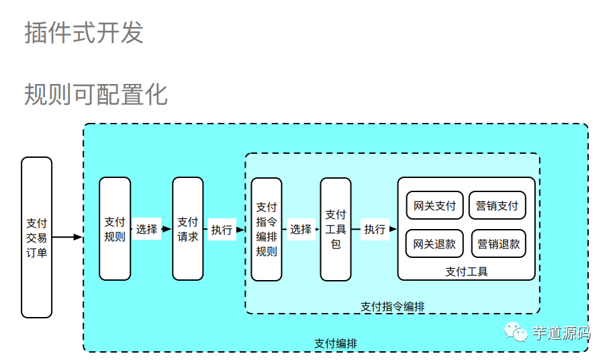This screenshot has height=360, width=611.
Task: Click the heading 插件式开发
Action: [84, 32]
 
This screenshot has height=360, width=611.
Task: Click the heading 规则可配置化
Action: [96, 94]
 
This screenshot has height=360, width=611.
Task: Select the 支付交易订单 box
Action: [37, 237]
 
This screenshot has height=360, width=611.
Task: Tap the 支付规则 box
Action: [115, 229]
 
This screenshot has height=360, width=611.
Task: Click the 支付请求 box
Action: [188, 229]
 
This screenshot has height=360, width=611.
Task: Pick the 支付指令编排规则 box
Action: [267, 229]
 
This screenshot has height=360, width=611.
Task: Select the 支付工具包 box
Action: [336, 229]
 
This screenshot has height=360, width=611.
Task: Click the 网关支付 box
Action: [434, 206]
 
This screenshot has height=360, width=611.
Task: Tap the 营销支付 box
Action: [497, 206]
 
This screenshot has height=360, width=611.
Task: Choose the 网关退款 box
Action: [434, 244]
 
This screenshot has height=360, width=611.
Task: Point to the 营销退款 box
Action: [499, 244]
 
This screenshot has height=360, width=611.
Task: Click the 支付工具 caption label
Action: [467, 271]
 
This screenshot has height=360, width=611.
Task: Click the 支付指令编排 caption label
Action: [393, 306]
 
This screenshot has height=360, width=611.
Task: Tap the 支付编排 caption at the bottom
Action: [336, 343]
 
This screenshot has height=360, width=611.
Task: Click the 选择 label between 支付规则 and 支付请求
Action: [146, 229]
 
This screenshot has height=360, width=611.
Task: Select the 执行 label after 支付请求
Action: [222, 230]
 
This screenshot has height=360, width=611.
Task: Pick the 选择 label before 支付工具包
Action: [301, 229]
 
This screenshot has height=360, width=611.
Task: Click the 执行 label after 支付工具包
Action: [375, 229]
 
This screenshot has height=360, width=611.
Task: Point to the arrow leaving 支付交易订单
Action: [67, 237]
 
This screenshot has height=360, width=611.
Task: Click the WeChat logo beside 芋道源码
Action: [516, 332]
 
